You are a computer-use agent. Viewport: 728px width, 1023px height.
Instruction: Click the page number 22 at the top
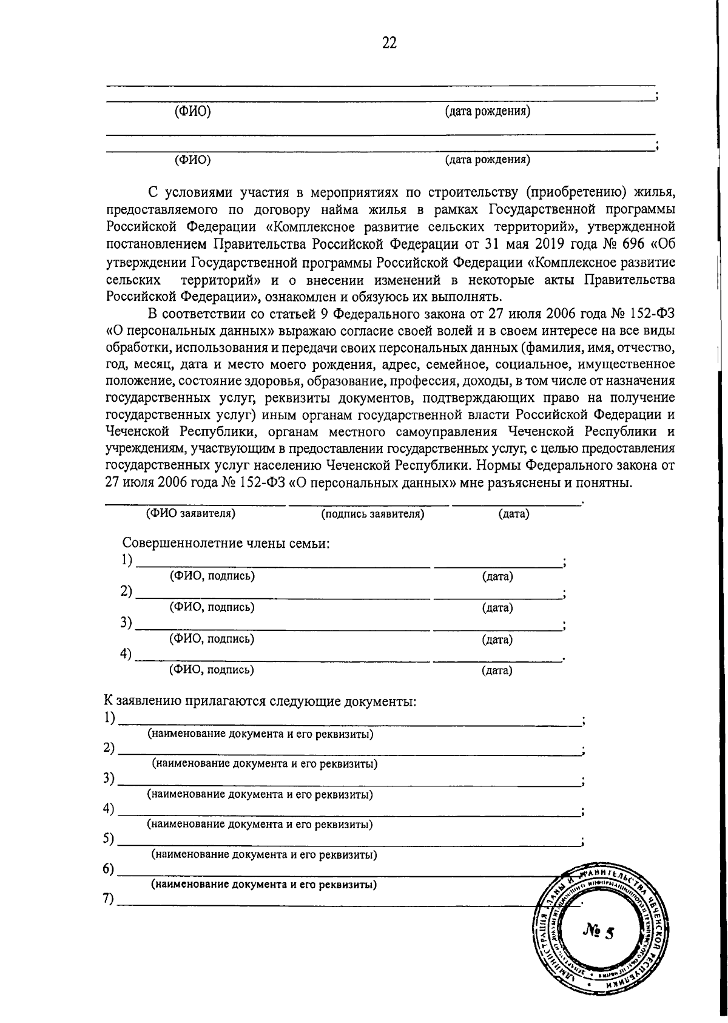coord(389,42)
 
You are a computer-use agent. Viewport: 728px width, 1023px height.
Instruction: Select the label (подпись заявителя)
coord(372,515)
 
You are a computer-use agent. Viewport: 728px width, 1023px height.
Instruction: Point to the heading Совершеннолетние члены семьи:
coord(226,543)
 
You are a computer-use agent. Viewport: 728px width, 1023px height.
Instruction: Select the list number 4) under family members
coord(126,655)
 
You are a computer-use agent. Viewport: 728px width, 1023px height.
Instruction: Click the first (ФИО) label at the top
coord(192,112)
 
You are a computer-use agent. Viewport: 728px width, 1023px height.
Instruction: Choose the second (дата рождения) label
coord(488,160)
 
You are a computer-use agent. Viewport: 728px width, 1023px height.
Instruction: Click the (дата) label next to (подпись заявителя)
coord(514,515)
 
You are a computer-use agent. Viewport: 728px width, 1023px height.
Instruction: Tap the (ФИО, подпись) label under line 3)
coord(212,639)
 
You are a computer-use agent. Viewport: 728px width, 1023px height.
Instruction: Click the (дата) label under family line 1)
coord(497,576)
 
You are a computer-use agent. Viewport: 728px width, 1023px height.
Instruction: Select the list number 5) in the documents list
coord(109,839)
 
